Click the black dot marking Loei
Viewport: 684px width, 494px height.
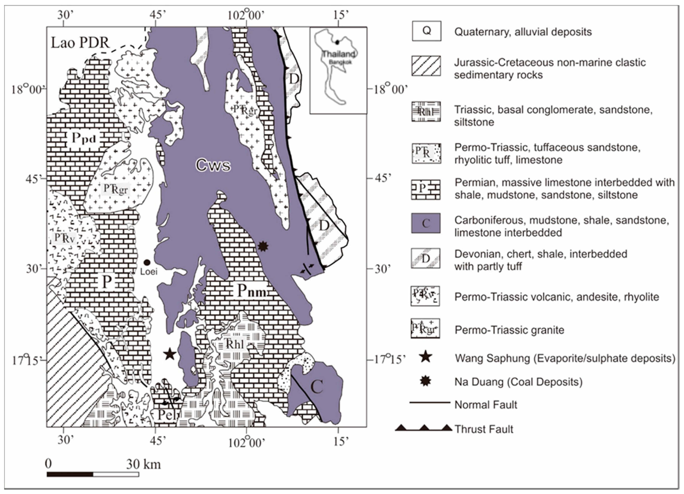coord(147,262)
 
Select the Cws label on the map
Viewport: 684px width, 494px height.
coord(213,165)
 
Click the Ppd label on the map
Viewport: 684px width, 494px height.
coord(84,138)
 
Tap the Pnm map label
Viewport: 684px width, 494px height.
coord(252,291)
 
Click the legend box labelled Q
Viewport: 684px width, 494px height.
coord(426,31)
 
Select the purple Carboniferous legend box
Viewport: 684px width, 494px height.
coord(426,223)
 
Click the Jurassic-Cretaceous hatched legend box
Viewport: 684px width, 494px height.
coord(426,66)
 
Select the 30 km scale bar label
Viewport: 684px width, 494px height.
coord(143,464)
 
